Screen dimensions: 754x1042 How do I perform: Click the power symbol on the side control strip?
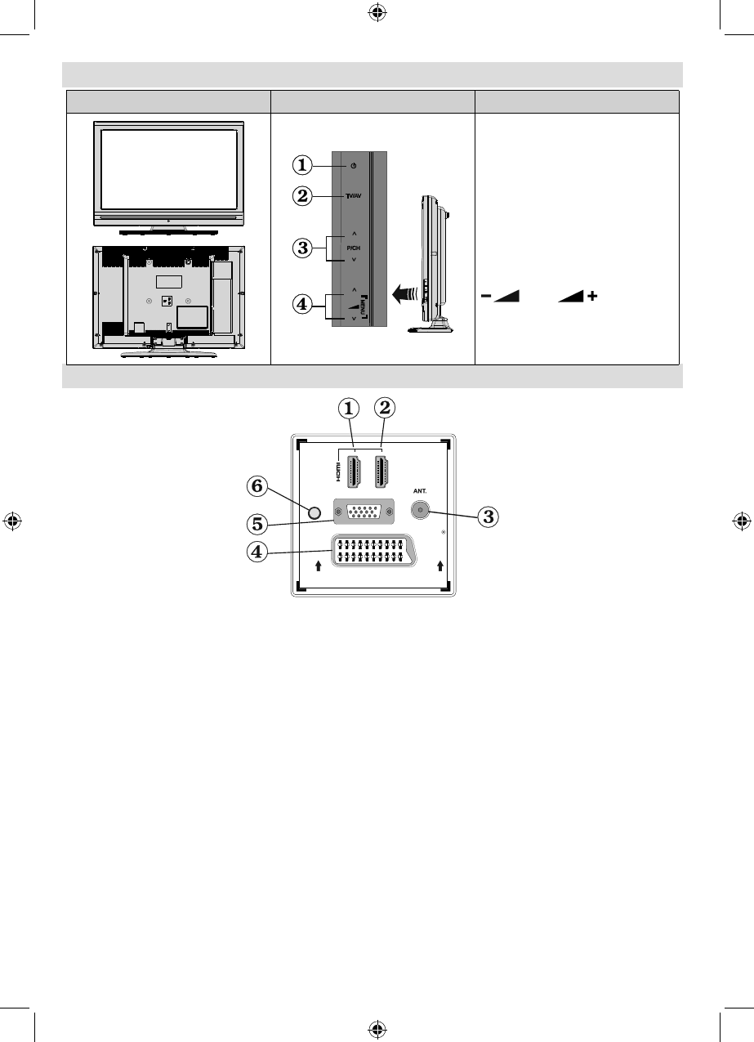click(353, 166)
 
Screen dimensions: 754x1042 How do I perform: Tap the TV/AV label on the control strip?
click(354, 197)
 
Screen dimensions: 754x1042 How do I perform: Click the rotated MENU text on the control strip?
click(364, 306)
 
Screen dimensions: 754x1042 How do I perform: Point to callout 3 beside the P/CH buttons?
click(303, 247)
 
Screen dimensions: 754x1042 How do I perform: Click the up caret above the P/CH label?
click(355, 234)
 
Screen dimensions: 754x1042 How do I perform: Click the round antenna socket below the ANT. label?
click(419, 511)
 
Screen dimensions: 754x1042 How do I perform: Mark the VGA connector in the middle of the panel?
click(359, 513)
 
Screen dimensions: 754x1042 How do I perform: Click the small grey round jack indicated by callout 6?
click(316, 513)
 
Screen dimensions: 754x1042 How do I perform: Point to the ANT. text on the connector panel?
click(421, 493)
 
